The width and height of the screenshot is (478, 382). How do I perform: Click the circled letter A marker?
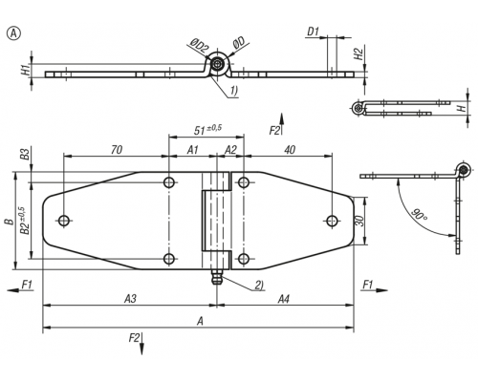(x=13, y=33)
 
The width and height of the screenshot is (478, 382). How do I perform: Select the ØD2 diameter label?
(x=199, y=47)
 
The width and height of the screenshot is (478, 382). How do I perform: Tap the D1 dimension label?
(x=313, y=32)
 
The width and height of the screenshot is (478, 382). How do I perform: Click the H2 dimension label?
(x=358, y=54)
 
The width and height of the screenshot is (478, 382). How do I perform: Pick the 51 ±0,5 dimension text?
(x=207, y=129)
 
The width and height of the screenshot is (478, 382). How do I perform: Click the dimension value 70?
(x=117, y=150)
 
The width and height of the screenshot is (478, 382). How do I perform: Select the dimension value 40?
(x=289, y=150)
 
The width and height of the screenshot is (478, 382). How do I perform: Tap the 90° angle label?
(x=419, y=215)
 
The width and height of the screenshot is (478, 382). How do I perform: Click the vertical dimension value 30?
(x=359, y=221)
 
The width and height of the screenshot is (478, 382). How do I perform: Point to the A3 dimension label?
(x=130, y=299)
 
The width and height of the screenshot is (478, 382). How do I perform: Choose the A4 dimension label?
(x=283, y=299)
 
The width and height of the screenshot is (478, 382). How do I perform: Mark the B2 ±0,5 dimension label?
(x=25, y=221)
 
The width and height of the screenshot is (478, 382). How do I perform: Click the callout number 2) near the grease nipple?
(x=259, y=286)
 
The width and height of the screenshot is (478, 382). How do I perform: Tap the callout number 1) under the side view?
(x=233, y=91)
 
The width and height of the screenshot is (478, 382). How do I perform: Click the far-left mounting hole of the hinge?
(x=64, y=221)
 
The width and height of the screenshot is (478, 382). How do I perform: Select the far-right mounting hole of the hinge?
(x=332, y=221)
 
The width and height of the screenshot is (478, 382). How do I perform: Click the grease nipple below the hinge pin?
(x=217, y=278)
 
